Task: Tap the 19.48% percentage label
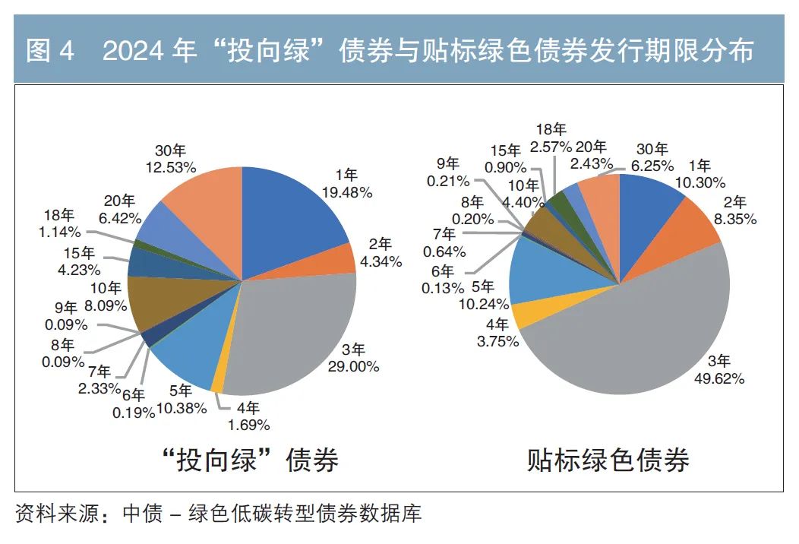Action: (x=346, y=193)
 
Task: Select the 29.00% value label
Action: (x=354, y=367)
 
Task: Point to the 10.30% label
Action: (x=700, y=182)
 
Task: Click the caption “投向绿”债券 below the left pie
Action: (x=251, y=460)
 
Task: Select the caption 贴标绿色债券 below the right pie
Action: (x=608, y=460)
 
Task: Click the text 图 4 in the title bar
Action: (x=51, y=51)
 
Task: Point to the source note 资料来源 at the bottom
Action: (x=58, y=514)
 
